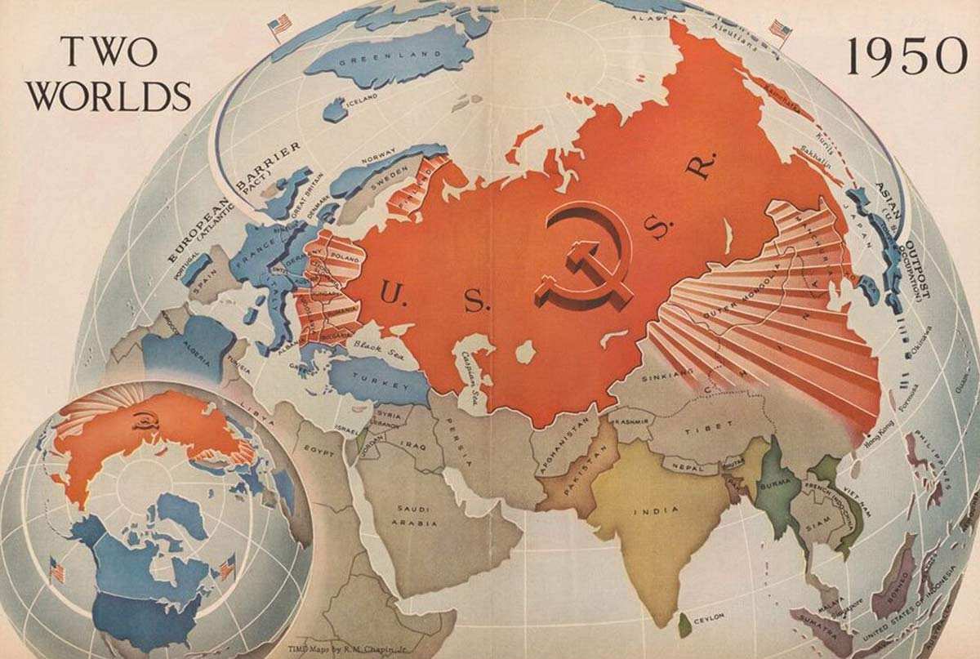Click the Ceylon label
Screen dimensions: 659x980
point(708,619)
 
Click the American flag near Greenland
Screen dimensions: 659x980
point(280,27)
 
